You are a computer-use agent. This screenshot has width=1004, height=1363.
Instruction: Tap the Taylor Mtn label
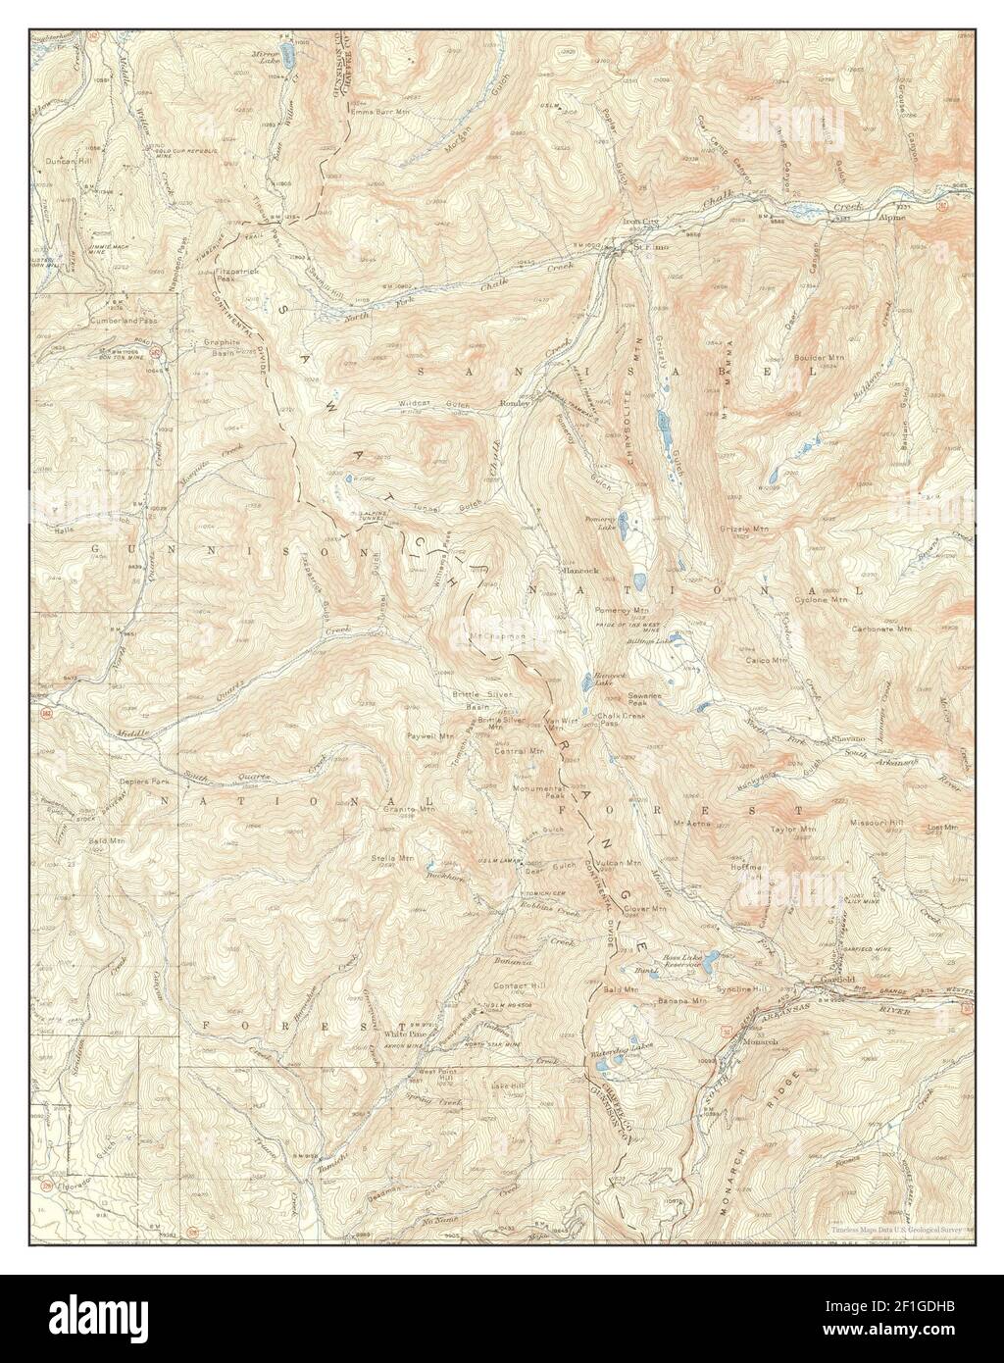793,830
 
